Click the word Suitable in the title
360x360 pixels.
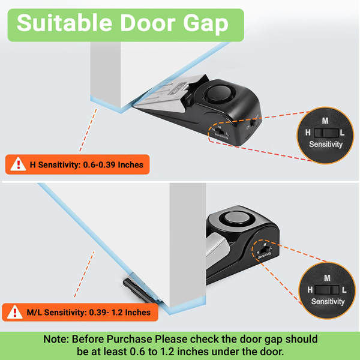tap(65, 23)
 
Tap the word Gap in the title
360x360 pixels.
tap(206, 24)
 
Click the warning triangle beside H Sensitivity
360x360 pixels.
tap(18, 164)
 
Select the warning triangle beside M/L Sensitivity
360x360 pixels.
tap(14, 312)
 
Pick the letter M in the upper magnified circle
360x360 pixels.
tap(325, 121)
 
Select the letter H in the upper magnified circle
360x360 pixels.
tap(308, 133)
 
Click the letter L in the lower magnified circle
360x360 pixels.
tap(344, 290)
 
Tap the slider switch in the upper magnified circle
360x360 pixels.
tap(326, 133)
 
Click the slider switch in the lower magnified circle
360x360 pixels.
tap(327, 290)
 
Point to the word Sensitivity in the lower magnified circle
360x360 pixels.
tap(328, 301)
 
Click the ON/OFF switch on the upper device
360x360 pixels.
tap(253, 123)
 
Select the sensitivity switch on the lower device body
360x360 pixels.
tap(265, 250)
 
